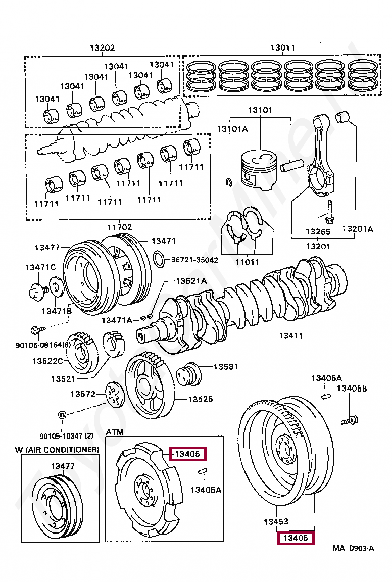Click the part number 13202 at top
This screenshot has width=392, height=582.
pos(103,48)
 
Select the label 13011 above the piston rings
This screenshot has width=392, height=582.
pos(282,48)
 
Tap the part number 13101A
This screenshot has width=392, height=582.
pos(232,129)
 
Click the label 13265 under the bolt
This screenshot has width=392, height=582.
pos(318,232)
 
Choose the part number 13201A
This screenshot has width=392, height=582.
pos(357,229)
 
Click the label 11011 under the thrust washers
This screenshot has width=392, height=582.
pos(247,262)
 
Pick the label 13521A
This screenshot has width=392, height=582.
pos(191,281)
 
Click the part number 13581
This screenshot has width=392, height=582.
pos(225,367)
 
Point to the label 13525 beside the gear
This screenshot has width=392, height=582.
pos(201,399)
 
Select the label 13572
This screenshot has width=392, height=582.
pos(83,394)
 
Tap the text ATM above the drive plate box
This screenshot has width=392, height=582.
pos(115,432)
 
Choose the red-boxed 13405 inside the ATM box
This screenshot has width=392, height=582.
pos(187,454)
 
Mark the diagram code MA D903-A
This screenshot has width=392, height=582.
pos(353,549)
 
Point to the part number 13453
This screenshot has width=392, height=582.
pos(275,521)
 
